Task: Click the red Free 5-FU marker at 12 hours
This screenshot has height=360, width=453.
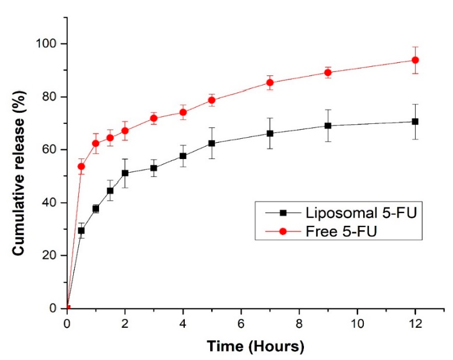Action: point(414,60)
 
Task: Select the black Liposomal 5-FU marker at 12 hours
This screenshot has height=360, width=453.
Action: point(414,122)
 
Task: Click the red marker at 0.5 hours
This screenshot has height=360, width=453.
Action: point(81,166)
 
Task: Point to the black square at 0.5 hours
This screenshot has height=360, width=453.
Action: point(81,230)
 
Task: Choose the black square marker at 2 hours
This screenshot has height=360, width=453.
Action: point(125,173)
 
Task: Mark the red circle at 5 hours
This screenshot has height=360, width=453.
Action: point(212,100)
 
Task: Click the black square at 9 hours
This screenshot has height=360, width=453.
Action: point(328,126)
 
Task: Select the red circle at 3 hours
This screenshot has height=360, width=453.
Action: point(154,118)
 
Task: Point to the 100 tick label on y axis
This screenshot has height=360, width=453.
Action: point(50,44)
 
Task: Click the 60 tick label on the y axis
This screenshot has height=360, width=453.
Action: point(53,150)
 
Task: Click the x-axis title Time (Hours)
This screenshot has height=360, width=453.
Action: point(255,347)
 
